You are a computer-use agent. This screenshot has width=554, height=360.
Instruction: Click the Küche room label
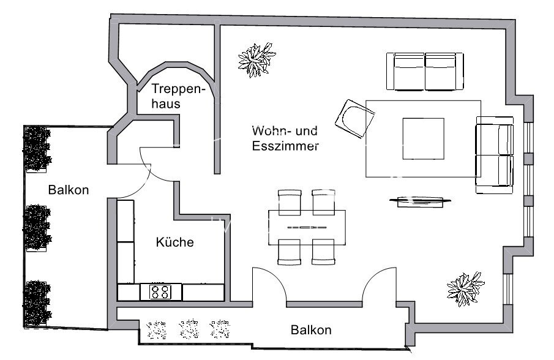(x=174, y=242)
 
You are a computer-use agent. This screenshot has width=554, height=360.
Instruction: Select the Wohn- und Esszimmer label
(x=285, y=138)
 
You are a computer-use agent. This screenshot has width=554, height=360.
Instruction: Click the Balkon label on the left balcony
(x=69, y=190)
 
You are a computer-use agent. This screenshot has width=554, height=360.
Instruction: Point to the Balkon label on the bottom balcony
(x=311, y=331)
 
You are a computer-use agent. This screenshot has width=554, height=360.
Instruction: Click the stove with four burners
(x=160, y=292)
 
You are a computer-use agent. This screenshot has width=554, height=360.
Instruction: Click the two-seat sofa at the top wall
(x=425, y=72)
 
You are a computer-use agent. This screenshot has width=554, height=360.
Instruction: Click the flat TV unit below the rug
(x=421, y=200)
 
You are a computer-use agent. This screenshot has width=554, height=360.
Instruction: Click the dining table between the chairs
(x=307, y=227)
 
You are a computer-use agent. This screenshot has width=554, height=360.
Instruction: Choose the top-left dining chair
(x=290, y=201)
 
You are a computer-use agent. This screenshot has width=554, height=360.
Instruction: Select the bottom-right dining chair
(x=323, y=252)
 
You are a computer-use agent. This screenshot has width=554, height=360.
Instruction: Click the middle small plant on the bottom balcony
(x=190, y=329)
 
